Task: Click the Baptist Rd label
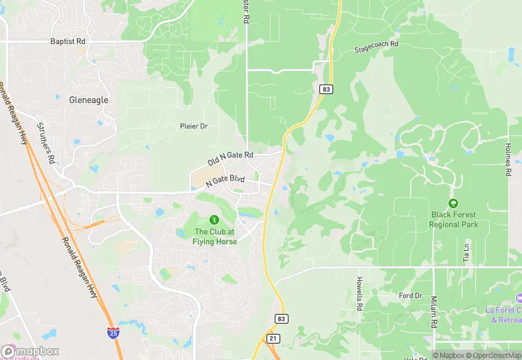(x=67, y=41)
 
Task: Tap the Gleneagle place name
(x=89, y=100)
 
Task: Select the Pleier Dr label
(x=193, y=126)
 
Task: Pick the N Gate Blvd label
(x=224, y=180)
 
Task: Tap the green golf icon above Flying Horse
(x=214, y=220)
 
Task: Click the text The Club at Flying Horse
(x=215, y=237)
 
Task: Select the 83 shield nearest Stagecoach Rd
(x=326, y=89)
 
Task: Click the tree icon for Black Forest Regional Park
(x=453, y=203)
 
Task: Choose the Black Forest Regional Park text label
(x=453, y=220)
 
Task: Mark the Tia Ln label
(x=466, y=253)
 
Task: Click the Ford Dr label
(x=410, y=296)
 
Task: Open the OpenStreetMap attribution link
(x=493, y=355)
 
